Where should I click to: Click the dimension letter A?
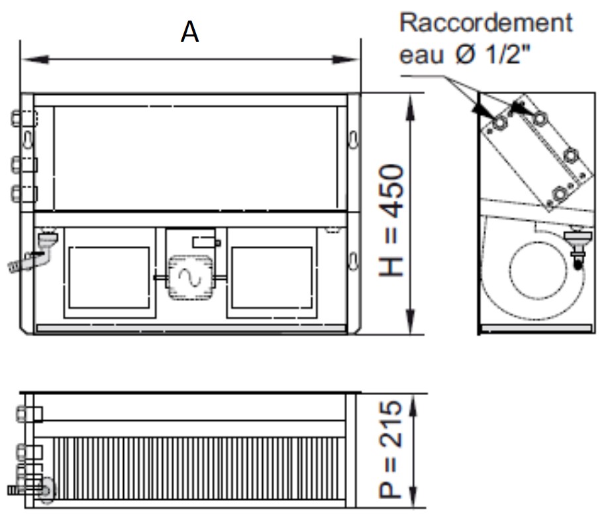click(x=190, y=32)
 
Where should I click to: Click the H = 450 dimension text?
click(x=395, y=221)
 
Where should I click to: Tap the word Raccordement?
click(x=485, y=23)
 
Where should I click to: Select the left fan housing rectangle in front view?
click(x=109, y=278)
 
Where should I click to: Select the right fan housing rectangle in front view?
click(x=270, y=278)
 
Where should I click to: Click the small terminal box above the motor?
click(x=203, y=242)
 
